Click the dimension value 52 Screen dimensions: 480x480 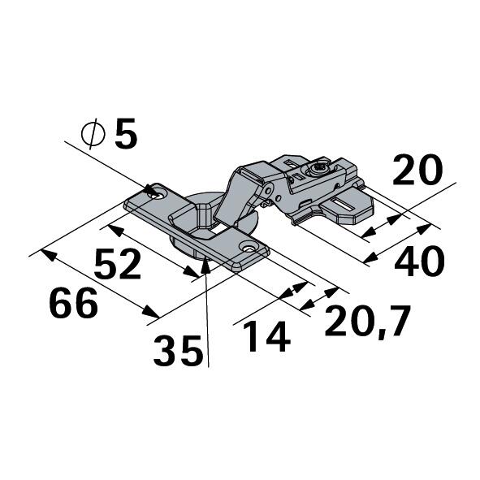pyautogui.click(x=119, y=264)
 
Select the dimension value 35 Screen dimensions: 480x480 pyautogui.click(x=178, y=351)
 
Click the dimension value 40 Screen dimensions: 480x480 pyautogui.click(x=419, y=262)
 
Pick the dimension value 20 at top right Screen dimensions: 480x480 pyautogui.click(x=417, y=171)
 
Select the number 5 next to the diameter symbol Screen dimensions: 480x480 pyautogui.click(x=126, y=134)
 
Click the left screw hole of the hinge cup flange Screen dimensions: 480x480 pyautogui.click(x=154, y=192)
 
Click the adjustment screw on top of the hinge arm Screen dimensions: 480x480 pyautogui.click(x=318, y=171)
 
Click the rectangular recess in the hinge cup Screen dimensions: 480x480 pyautogui.click(x=213, y=232)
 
